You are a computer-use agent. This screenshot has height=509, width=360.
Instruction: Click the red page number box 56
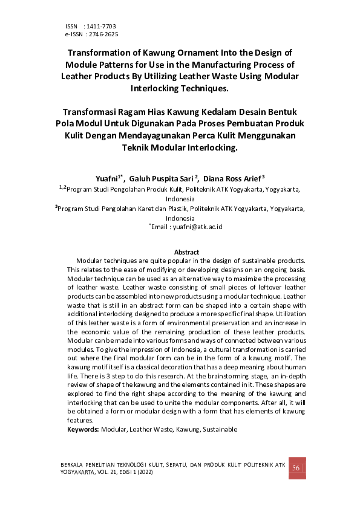pos(296,469)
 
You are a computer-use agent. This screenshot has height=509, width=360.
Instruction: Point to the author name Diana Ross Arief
pos(232,179)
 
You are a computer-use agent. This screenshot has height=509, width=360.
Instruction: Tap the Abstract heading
pos(186,251)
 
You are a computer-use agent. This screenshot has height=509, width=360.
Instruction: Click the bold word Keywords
pos(83,429)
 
